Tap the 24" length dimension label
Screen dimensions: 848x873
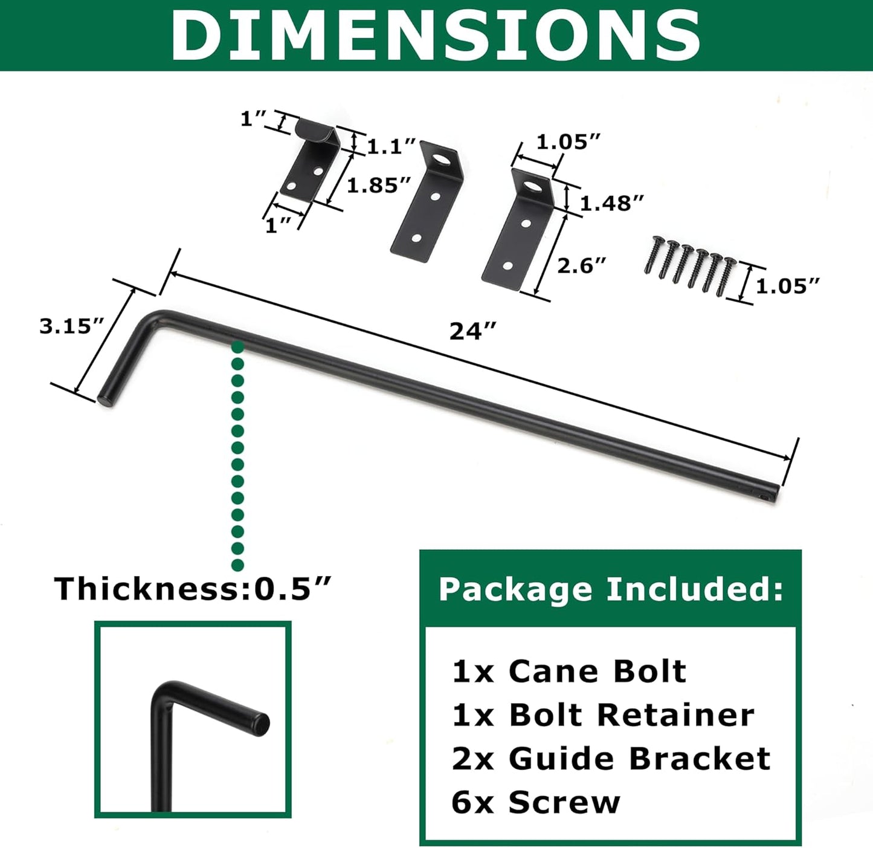click(x=473, y=331)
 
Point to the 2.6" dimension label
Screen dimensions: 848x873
click(x=581, y=265)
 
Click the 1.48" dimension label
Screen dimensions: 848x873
click(x=611, y=203)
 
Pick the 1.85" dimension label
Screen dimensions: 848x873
click(x=379, y=185)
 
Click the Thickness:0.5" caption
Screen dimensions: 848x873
click(x=193, y=588)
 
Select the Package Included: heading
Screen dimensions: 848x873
click(x=611, y=589)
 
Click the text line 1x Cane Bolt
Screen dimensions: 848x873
click(x=569, y=671)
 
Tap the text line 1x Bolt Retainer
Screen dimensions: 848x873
click(x=603, y=715)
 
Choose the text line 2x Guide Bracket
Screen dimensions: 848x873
click(x=611, y=759)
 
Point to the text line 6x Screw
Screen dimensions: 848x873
click(x=535, y=802)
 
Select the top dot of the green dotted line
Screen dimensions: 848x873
click(x=237, y=347)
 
